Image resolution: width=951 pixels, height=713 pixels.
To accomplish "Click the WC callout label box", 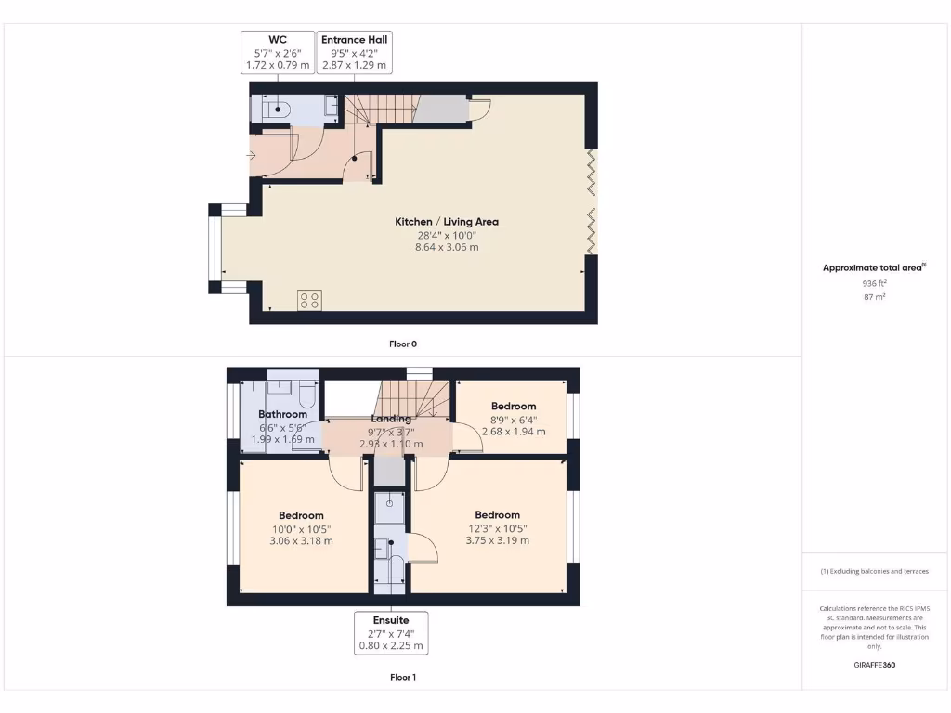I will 277,52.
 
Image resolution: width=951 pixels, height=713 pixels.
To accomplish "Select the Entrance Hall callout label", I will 354,52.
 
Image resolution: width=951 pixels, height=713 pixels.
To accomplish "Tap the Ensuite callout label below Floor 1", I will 391,632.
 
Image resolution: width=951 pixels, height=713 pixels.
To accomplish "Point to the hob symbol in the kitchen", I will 310,300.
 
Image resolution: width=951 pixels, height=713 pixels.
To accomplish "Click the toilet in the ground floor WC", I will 275,110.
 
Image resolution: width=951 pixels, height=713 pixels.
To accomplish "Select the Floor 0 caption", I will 402,344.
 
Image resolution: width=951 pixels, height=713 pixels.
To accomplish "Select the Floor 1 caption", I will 402,677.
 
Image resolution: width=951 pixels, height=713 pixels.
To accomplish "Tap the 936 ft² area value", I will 874,283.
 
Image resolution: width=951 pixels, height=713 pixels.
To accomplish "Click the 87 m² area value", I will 874,297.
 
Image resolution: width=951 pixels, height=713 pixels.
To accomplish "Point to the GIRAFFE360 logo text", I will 874,665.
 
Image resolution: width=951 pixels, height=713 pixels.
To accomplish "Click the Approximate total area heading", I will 874,268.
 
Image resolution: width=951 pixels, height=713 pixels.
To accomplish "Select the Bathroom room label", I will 282,414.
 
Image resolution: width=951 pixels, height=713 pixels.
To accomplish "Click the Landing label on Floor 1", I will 391,419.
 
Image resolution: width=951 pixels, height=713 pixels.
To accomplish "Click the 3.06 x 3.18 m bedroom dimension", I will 301,540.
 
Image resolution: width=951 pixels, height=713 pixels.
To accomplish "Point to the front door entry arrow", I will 253,155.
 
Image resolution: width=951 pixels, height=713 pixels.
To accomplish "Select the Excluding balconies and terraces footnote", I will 874,571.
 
